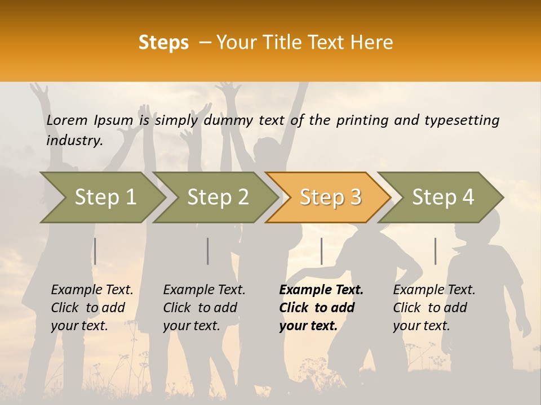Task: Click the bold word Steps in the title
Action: pyautogui.click(x=163, y=43)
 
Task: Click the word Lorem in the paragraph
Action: pyautogui.click(x=66, y=120)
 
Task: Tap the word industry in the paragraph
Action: pyautogui.click(x=74, y=140)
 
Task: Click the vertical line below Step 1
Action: pyautogui.click(x=95, y=251)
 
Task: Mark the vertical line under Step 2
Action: pyautogui.click(x=208, y=251)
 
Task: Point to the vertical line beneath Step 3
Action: pyautogui.click(x=321, y=251)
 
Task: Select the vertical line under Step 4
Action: pyautogui.click(x=435, y=251)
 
